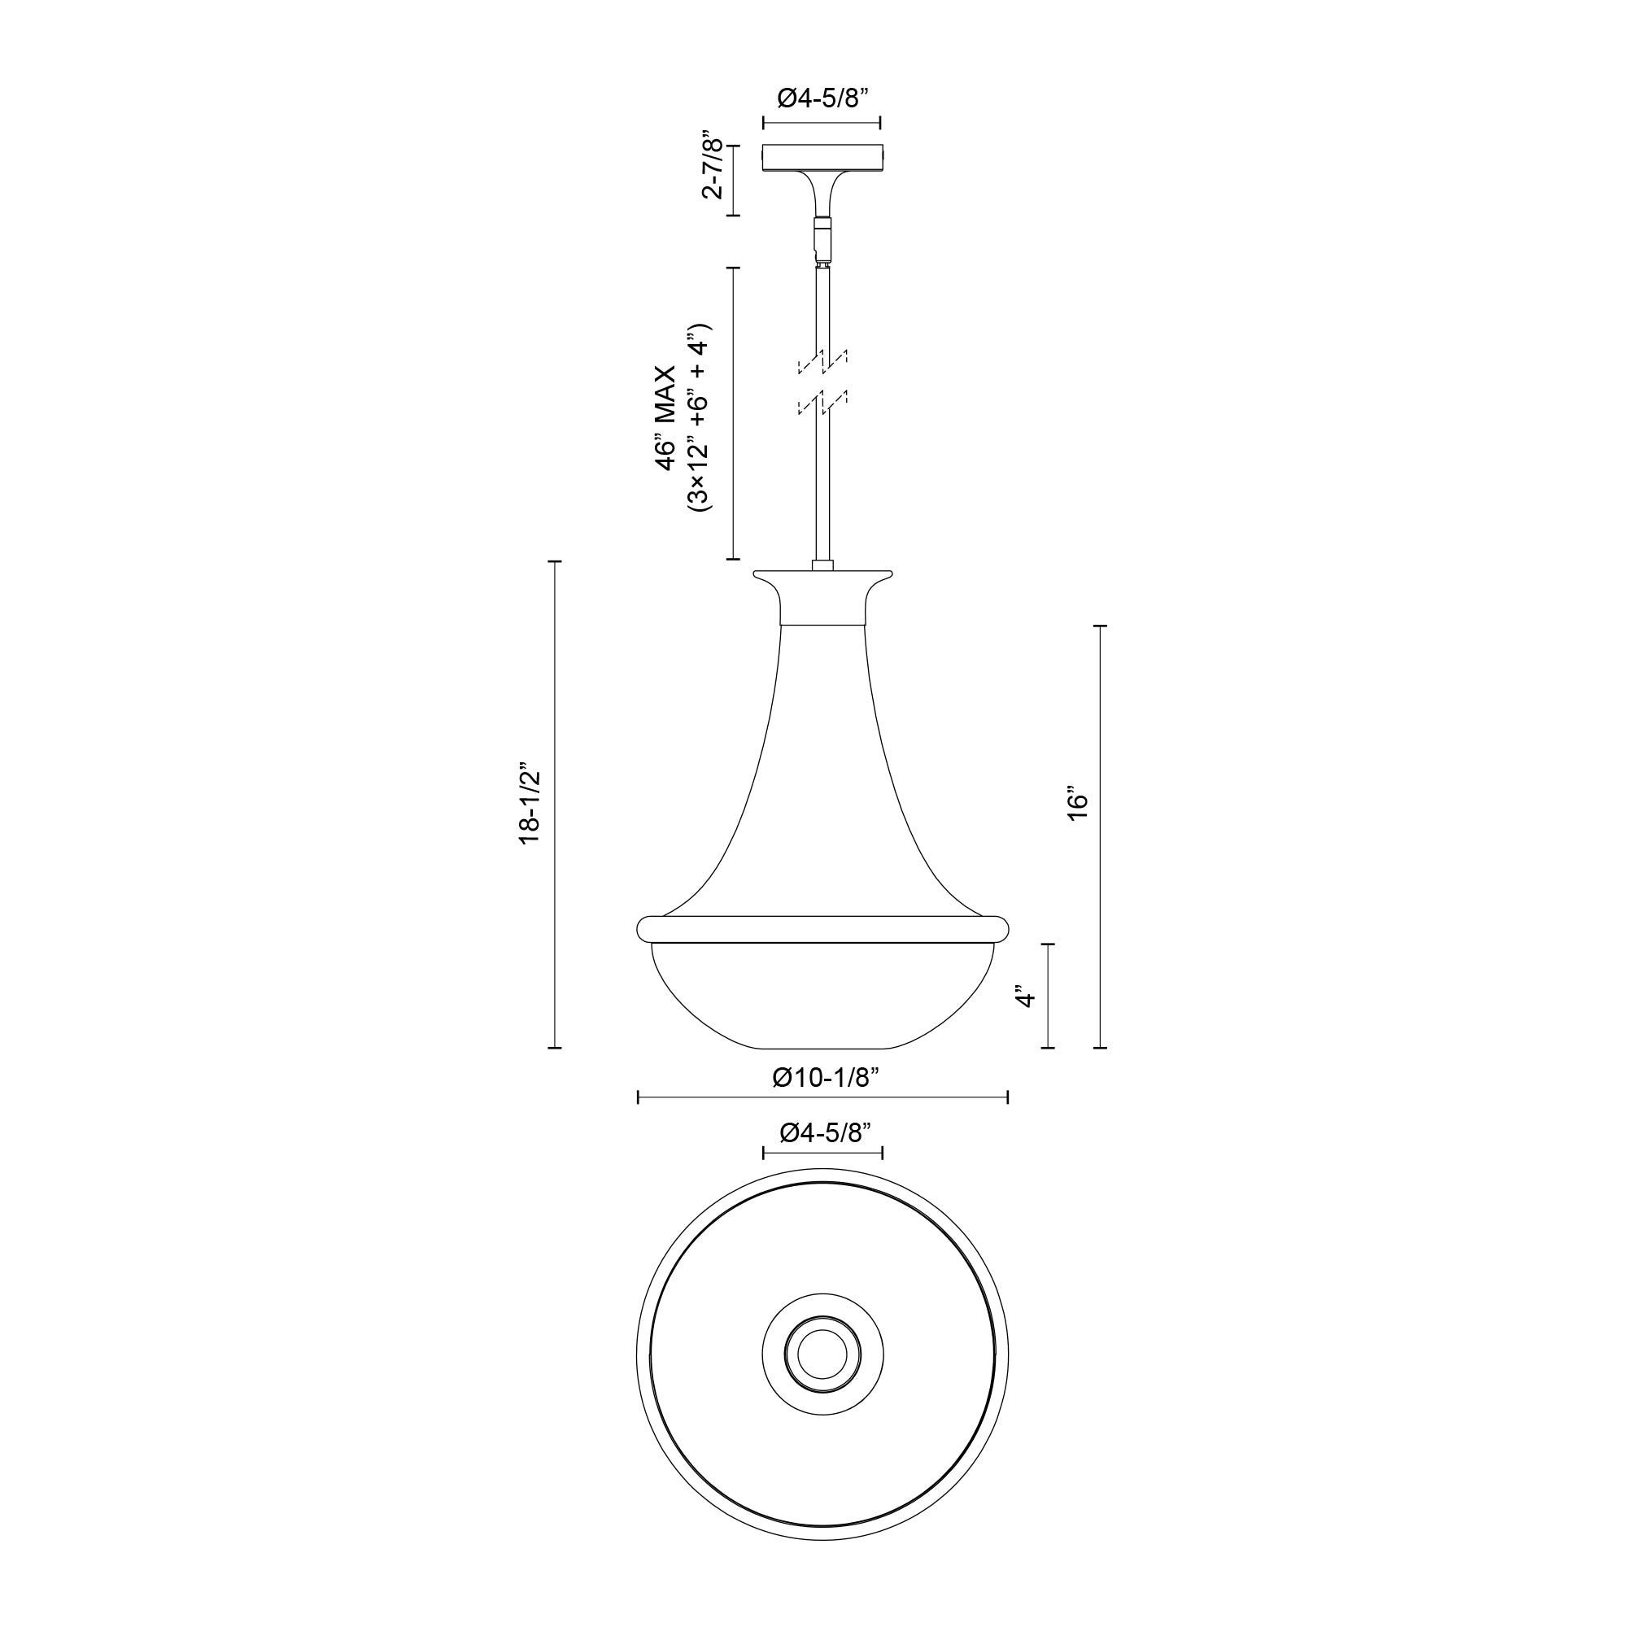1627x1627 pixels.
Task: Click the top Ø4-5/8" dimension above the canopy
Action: [x=821, y=99]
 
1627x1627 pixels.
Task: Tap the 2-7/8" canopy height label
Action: [x=713, y=164]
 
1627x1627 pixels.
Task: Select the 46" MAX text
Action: [x=666, y=417]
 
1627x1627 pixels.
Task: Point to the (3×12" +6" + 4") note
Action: [x=699, y=417]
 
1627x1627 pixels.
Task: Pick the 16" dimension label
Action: [x=1077, y=805]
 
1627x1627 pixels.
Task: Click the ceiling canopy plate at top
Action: [x=822, y=158]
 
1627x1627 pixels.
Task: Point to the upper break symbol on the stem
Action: [x=822, y=362]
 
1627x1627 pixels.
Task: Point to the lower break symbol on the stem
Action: [x=822, y=403]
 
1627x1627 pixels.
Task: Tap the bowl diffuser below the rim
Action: [x=822, y=998]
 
